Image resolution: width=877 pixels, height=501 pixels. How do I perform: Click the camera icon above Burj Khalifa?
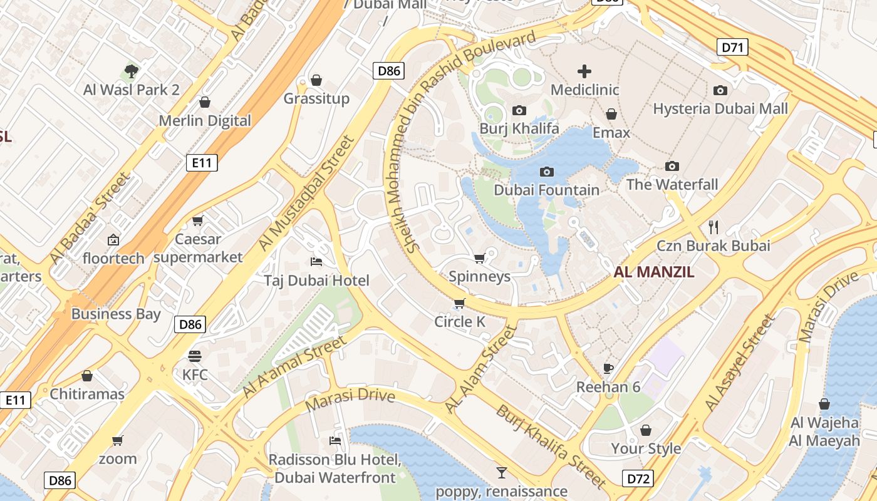point(519,111)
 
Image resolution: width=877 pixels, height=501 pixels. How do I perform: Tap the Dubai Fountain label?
point(546,190)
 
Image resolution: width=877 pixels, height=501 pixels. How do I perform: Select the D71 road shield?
point(732,47)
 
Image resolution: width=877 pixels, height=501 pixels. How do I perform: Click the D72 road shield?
point(639,479)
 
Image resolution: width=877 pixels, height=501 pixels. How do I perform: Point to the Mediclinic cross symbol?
point(584,71)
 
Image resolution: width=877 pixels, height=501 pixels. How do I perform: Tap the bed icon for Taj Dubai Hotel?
point(317,261)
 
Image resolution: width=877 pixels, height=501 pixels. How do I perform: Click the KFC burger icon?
point(195,356)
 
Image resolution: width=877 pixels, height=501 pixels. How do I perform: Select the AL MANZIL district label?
point(654,272)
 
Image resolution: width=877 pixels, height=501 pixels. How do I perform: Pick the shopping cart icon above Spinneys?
point(480,258)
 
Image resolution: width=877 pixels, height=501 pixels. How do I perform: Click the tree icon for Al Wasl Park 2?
point(132,71)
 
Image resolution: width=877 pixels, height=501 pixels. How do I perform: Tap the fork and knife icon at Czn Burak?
point(713,226)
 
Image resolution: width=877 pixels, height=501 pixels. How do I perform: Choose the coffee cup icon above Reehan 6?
point(608,368)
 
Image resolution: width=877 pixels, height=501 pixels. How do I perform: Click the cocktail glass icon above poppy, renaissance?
point(501,472)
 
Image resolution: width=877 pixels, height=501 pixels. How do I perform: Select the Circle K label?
point(460,322)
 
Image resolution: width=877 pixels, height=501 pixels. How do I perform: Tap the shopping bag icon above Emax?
point(611,114)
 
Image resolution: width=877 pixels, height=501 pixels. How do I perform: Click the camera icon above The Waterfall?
point(672,166)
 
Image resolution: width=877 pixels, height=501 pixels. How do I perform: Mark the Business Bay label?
point(116,314)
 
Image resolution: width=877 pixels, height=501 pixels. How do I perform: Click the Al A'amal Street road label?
point(294,367)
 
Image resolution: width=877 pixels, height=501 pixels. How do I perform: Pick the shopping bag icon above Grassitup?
point(316,80)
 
